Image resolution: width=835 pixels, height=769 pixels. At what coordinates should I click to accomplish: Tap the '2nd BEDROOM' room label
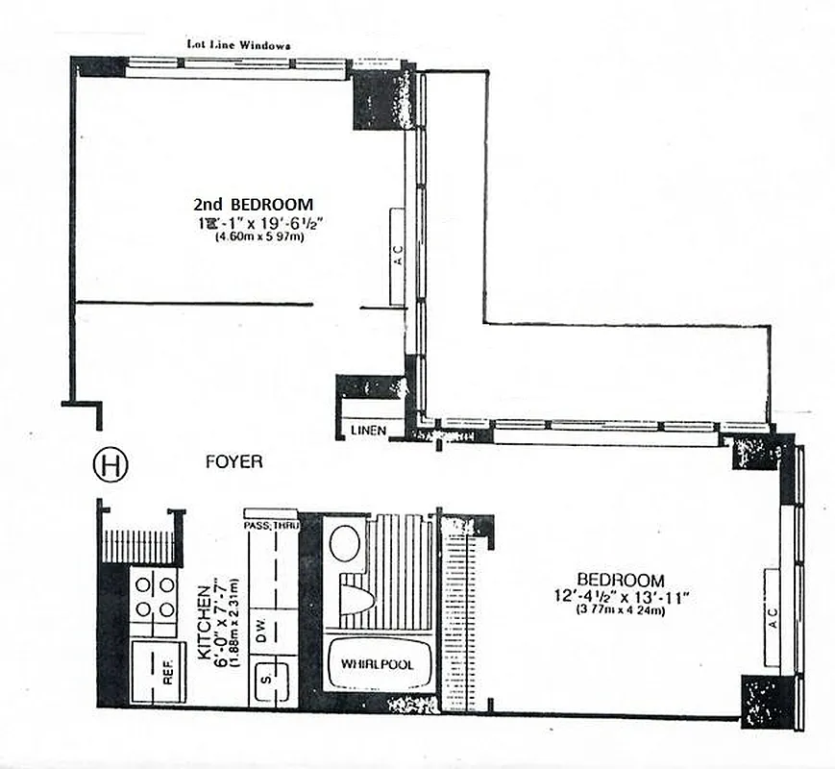coord(254,204)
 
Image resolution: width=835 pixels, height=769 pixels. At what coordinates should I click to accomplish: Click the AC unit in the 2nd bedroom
coord(398,258)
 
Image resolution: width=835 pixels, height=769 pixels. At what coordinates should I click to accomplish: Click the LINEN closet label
coord(367,431)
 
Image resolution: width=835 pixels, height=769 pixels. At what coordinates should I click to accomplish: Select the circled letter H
coord(110,465)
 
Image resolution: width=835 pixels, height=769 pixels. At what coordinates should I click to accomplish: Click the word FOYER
coord(233,462)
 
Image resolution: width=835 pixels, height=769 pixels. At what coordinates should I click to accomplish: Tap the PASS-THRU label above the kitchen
coord(272,526)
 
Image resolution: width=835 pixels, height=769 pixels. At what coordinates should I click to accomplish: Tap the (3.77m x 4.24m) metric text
coord(621,610)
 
